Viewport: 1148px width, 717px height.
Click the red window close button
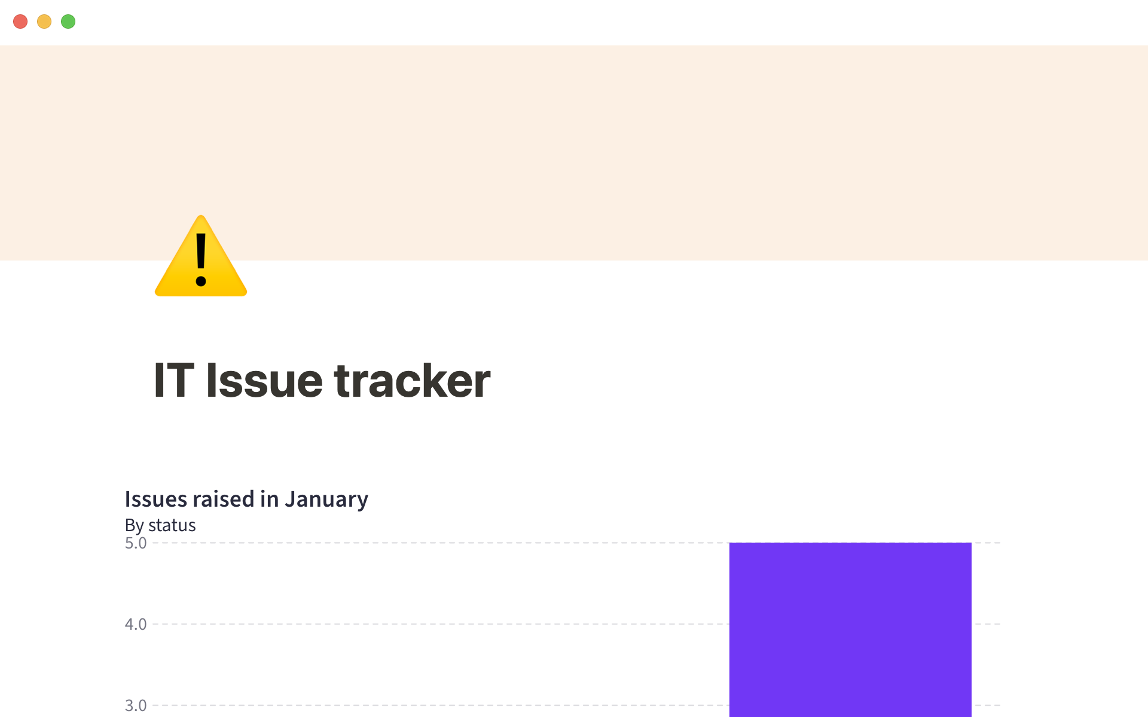pyautogui.click(x=20, y=22)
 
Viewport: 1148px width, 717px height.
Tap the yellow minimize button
pyautogui.click(x=44, y=22)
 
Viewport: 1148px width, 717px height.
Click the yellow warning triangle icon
pyautogui.click(x=201, y=256)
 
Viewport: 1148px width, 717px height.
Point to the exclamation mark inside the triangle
pyautogui.click(x=201, y=260)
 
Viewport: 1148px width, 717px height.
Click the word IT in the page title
pyautogui.click(x=174, y=380)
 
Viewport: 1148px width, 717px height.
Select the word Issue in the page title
pyautogui.click(x=264, y=380)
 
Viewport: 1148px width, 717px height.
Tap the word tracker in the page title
pyautogui.click(x=413, y=380)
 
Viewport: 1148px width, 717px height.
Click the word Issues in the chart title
pyautogui.click(x=156, y=499)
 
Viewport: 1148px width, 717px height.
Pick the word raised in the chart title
pyautogui.click(x=224, y=499)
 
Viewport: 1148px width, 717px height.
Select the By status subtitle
pyautogui.click(x=160, y=525)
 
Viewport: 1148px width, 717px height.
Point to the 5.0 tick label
pyautogui.click(x=136, y=543)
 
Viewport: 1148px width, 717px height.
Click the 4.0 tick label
pyautogui.click(x=136, y=624)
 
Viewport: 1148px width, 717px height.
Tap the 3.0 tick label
pyautogui.click(x=136, y=706)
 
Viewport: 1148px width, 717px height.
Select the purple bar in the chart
pyautogui.click(x=850, y=630)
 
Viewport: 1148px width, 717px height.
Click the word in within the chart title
pyautogui.click(x=270, y=499)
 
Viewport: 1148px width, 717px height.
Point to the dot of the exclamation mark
pyautogui.click(x=201, y=281)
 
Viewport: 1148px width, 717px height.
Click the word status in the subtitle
pyautogui.click(x=172, y=525)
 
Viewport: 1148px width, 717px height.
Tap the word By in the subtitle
pyautogui.click(x=135, y=526)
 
